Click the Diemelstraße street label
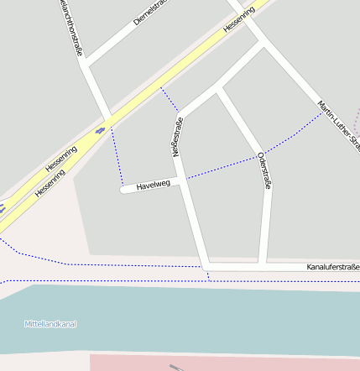150,13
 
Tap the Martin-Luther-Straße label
337,126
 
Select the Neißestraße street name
176,138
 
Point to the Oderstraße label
264,170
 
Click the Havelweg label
153,184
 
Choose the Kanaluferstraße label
332,267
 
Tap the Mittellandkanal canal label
50,324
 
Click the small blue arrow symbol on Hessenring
100,130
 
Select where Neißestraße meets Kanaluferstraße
205,267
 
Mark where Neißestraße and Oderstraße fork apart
217,87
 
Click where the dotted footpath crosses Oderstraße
258,155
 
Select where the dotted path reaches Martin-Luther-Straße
321,114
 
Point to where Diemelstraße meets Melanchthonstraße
86,64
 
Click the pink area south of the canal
218,363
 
